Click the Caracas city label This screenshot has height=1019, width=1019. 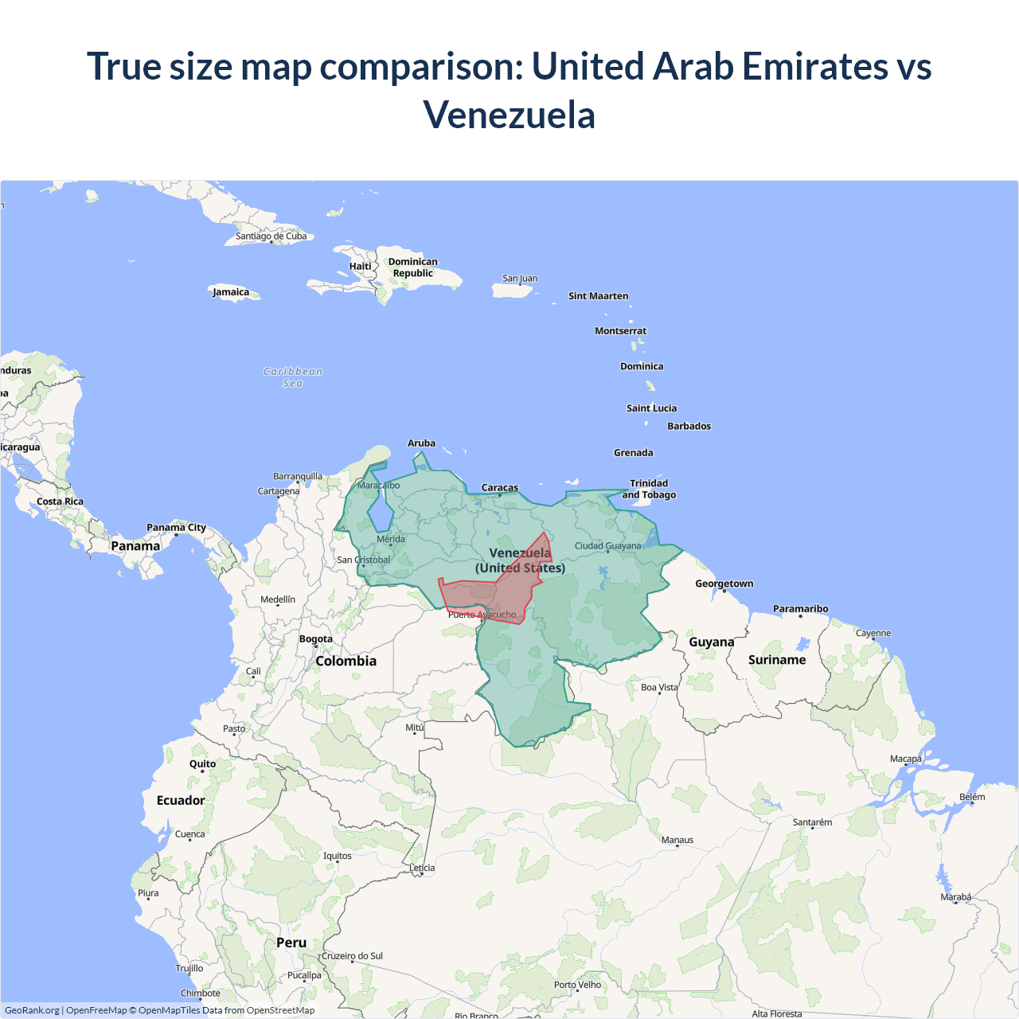500,487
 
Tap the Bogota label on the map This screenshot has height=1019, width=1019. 316,639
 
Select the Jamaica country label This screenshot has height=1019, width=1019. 231,292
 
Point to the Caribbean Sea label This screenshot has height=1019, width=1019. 293,377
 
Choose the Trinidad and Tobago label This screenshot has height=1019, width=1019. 649,489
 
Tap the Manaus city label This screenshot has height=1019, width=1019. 677,840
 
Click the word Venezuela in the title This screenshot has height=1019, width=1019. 509,115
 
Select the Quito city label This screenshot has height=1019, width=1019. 202,763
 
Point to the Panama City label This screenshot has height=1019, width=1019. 176,527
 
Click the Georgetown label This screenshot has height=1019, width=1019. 724,584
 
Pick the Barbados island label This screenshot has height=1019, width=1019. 689,426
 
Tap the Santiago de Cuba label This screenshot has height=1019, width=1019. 271,236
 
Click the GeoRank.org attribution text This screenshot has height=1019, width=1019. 32,1010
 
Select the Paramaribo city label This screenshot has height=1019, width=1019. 800,609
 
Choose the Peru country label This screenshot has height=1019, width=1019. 291,943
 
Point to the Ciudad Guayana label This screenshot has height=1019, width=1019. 607,546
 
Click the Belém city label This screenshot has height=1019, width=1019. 972,797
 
